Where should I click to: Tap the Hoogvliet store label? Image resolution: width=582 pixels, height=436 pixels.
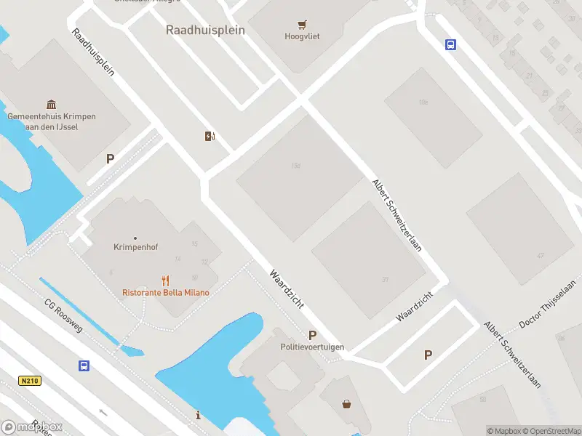click(x=302, y=36)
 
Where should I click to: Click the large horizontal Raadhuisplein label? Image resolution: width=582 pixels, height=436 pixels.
click(x=205, y=31)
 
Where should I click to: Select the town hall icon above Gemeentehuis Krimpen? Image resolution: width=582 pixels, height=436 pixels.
click(x=51, y=105)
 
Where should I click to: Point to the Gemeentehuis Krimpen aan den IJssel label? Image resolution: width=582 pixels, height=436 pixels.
click(x=51, y=121)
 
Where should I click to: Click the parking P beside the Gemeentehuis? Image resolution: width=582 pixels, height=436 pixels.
click(x=111, y=158)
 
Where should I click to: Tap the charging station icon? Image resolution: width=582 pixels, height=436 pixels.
click(x=210, y=136)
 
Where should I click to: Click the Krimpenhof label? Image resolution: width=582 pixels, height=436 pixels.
click(x=135, y=246)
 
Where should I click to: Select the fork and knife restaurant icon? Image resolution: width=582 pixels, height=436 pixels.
click(x=166, y=280)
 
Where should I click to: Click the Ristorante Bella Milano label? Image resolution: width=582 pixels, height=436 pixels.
click(x=166, y=293)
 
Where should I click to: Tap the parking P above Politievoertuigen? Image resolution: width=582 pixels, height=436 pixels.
click(x=312, y=335)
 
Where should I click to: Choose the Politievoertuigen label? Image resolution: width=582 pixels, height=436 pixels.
click(x=313, y=347)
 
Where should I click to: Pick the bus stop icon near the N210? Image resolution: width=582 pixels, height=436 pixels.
click(x=84, y=366)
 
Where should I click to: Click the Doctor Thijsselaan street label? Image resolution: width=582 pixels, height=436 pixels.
click(x=547, y=304)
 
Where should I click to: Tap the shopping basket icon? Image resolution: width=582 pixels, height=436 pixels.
click(x=347, y=404)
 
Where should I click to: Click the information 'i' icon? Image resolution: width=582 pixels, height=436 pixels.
click(x=199, y=415)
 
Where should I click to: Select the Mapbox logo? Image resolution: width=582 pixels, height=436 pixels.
click(x=32, y=427)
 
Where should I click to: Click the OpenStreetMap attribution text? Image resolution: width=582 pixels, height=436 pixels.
click(x=552, y=431)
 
